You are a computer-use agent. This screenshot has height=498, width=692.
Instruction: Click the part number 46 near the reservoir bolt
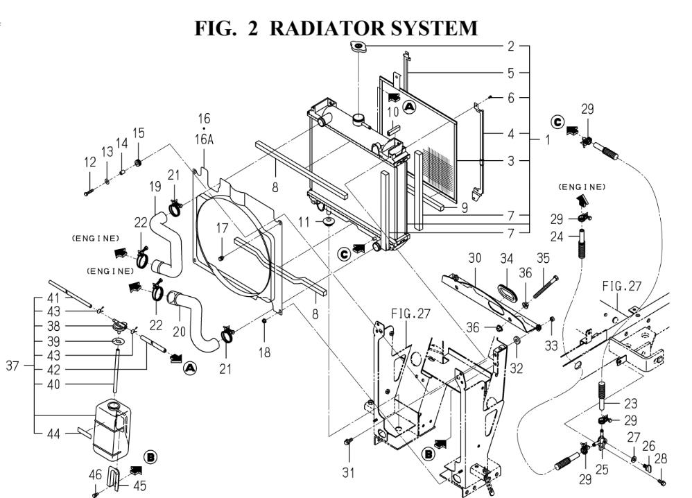point(95,475)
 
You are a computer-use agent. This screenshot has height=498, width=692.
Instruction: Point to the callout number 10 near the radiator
point(393,112)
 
